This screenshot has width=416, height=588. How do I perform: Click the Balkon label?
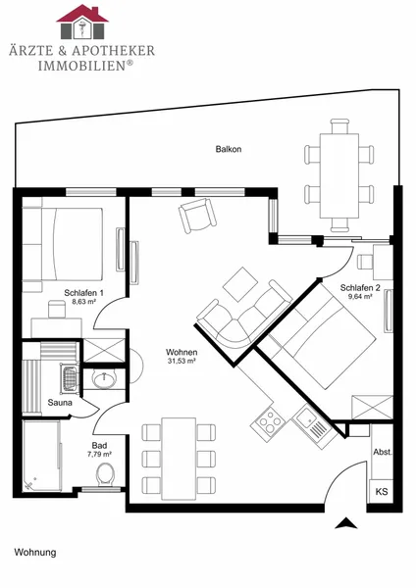point(229,149)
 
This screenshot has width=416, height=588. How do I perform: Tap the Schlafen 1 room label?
point(83,293)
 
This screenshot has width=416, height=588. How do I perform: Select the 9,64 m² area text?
point(360,296)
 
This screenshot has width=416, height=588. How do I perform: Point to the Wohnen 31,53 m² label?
point(182,357)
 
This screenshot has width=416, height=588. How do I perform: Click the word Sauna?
point(60,403)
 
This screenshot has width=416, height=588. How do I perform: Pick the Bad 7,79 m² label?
point(99,449)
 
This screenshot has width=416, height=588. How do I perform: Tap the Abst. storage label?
point(383,452)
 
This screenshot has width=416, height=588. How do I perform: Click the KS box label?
point(382,491)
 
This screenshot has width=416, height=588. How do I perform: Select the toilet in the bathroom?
point(105,474)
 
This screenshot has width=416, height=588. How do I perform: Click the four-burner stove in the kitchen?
point(270,422)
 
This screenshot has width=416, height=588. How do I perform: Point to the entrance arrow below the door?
point(345,523)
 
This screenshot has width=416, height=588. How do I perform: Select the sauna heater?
point(70,378)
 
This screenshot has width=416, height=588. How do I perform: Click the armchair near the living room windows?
point(197,216)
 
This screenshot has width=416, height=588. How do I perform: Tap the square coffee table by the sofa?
point(240,284)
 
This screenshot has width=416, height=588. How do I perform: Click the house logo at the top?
point(82,22)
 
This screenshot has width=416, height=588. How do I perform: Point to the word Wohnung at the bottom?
point(35,553)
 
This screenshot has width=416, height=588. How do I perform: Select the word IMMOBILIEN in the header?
point(81,66)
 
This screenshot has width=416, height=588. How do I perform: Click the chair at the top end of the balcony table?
point(339,126)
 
